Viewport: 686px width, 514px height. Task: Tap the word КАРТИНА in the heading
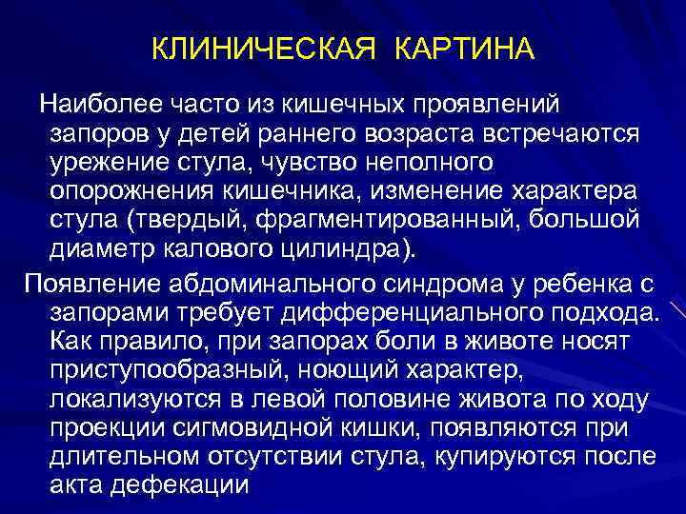[466, 48]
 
